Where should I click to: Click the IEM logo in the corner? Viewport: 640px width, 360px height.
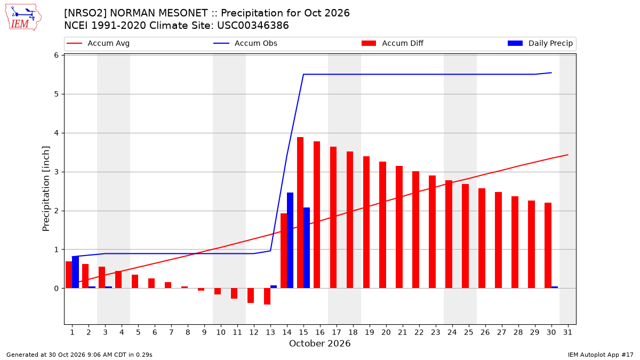(x=23, y=18)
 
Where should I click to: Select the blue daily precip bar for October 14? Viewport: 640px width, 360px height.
(x=290, y=241)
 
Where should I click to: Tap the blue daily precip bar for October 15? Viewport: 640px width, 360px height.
(x=307, y=247)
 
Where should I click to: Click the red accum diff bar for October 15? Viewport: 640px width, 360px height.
(x=300, y=213)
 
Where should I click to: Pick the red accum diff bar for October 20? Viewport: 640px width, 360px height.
(x=382, y=225)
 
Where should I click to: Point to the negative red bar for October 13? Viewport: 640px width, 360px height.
(x=267, y=297)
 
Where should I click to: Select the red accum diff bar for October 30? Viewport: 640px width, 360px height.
(x=548, y=245)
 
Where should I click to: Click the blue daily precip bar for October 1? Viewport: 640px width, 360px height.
(x=75, y=273)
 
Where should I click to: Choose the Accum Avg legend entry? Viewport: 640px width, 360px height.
(x=98, y=43)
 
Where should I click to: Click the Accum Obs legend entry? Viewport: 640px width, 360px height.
(x=245, y=43)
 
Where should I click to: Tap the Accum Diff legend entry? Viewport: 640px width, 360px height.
(x=393, y=43)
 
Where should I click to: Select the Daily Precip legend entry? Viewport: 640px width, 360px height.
(x=540, y=43)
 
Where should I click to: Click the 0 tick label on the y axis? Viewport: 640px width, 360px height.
(x=57, y=289)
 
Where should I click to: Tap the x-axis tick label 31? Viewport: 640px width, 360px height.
(x=567, y=332)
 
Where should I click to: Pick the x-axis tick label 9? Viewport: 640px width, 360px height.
(x=204, y=332)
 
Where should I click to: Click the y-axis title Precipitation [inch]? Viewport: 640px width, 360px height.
(x=46, y=189)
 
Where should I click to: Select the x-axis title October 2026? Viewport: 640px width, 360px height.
(x=319, y=343)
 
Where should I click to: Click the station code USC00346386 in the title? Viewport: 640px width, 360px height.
(x=253, y=26)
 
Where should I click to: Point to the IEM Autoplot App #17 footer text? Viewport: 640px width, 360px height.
(x=601, y=355)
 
